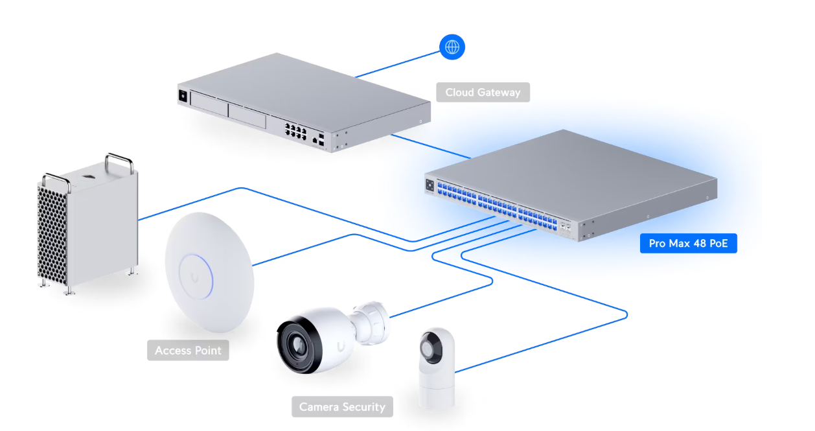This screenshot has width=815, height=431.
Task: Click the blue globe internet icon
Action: (452, 47)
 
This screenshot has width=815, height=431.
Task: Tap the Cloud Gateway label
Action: (483, 92)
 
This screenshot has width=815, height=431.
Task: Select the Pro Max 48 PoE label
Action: (688, 244)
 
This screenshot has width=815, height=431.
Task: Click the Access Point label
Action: (188, 351)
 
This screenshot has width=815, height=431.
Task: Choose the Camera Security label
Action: (342, 407)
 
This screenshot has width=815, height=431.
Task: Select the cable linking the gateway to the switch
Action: (430, 146)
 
